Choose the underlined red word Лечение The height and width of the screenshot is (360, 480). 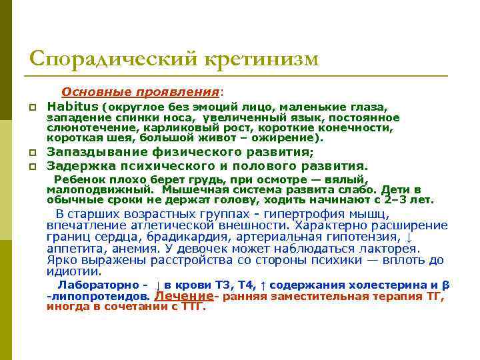point(184,296)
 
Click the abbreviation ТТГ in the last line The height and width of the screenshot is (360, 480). point(193,307)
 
